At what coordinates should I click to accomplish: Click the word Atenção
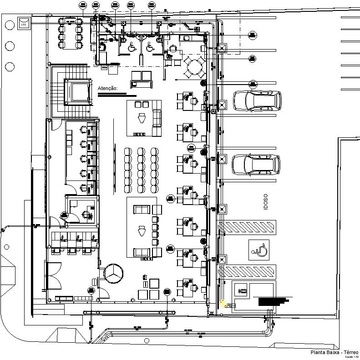108,88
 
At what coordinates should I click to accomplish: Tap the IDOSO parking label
266,202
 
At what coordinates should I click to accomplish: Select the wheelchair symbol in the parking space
258,249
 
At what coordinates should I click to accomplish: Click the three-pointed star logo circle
113,274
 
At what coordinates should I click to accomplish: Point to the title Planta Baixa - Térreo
334,352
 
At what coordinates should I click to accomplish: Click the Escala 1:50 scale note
352,357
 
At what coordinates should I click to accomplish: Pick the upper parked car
257,101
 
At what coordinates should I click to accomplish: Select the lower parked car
256,165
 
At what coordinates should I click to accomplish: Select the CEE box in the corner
23,22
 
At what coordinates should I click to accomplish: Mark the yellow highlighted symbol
223,303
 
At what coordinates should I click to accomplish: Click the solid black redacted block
272,301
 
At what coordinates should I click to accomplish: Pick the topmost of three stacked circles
10,25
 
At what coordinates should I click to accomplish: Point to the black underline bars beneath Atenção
117,95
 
